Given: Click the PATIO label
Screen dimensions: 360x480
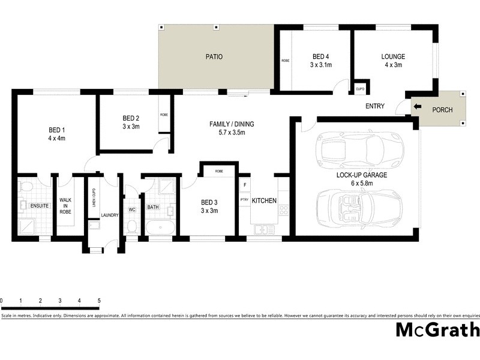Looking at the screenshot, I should click(214, 57).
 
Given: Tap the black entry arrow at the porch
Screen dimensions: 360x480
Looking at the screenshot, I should click(418, 108).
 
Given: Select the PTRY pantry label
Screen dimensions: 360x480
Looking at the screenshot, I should click(244, 200).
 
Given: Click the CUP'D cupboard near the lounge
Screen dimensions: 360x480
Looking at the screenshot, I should click(360, 89).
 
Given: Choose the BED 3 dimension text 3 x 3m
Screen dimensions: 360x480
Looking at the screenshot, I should click(209, 211).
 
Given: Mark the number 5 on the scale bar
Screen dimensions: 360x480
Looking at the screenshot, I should click(98, 300).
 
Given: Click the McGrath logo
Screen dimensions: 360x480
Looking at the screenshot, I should click(437, 330).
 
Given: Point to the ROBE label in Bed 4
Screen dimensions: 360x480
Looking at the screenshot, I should click(285, 61).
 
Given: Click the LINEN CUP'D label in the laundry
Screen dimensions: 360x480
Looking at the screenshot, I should click(94, 197).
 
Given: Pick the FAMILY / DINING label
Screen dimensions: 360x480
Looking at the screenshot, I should click(232, 124).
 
